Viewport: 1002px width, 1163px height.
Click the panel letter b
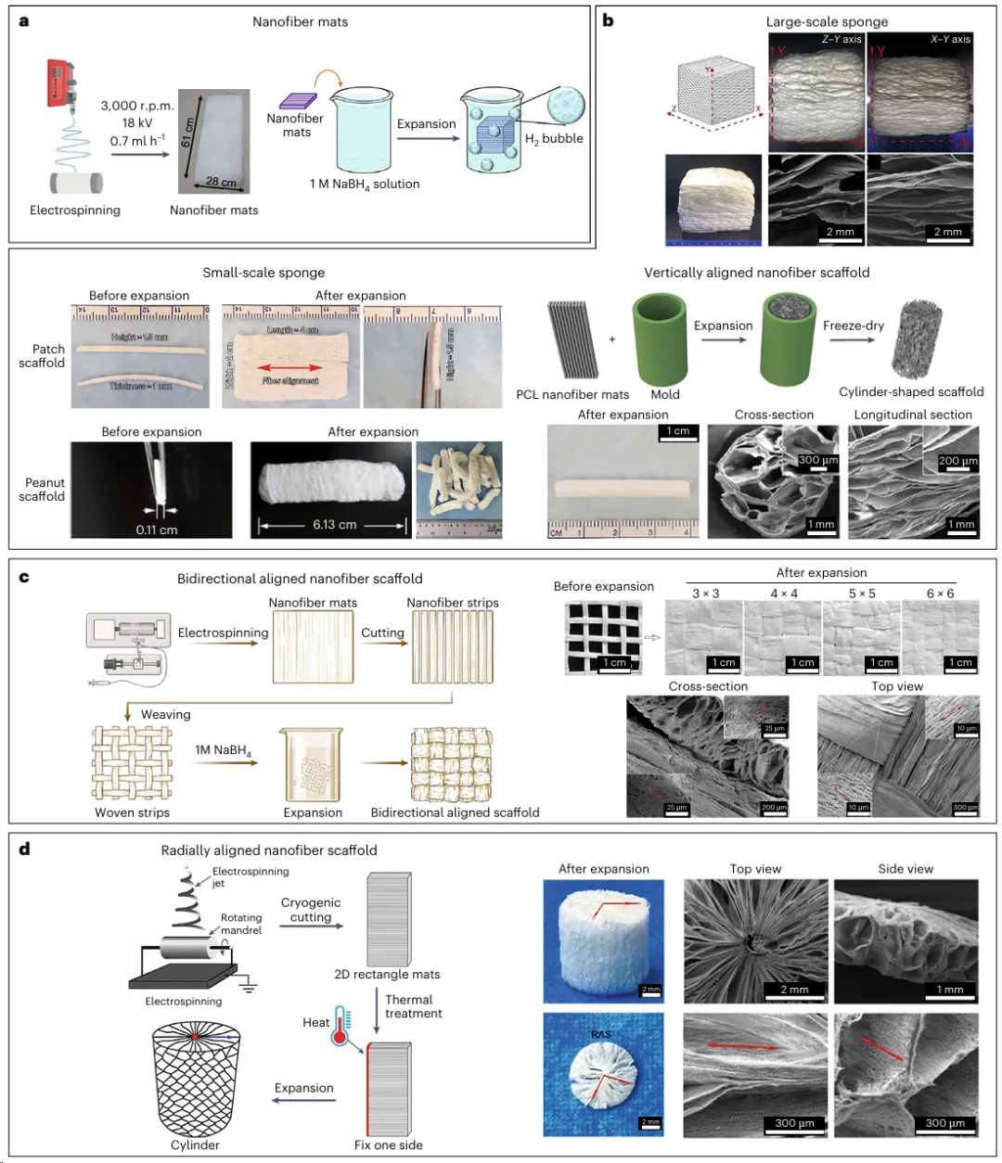(609, 19)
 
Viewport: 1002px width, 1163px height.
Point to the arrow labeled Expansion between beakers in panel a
(427, 138)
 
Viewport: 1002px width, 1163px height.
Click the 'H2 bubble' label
(554, 139)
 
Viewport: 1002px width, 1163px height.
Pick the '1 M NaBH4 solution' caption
(365, 185)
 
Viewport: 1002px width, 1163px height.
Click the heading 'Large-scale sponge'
(827, 21)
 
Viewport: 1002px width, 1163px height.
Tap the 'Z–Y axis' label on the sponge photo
(841, 39)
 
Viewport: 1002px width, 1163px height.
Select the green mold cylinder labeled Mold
(660, 339)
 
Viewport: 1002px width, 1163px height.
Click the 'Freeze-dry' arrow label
(853, 326)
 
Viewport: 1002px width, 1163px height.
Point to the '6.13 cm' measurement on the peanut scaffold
(334, 525)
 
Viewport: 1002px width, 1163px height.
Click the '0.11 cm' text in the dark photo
(156, 530)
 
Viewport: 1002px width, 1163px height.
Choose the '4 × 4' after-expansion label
(784, 594)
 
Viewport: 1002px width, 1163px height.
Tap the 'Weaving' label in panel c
(165, 714)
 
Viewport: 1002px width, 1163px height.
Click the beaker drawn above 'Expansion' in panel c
(313, 765)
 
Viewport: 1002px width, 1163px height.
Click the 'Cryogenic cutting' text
(311, 910)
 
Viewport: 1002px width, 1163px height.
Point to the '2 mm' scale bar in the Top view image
(794, 990)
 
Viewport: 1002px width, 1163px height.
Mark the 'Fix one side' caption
(388, 1144)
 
